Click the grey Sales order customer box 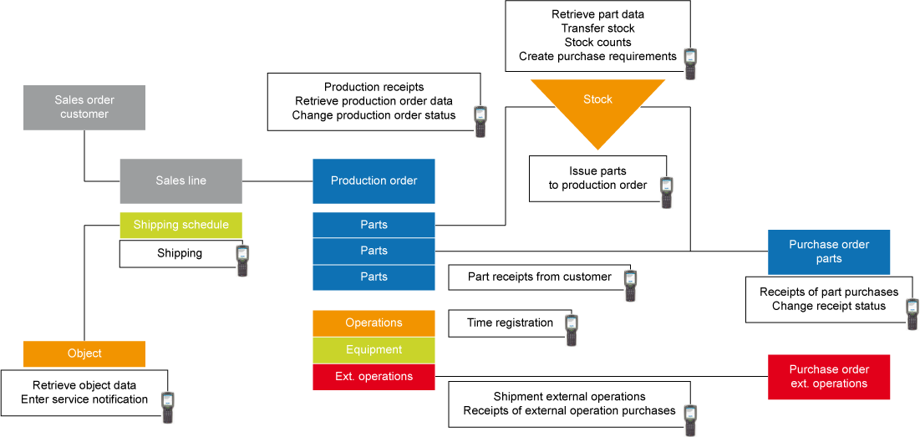coord(84,106)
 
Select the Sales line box coord(180,180)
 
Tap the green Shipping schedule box coord(180,225)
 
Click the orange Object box coord(84,353)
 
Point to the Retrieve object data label coord(84,385)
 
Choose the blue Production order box coord(374,180)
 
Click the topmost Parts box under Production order coord(374,225)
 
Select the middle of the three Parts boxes coord(374,251)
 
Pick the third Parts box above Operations coord(374,277)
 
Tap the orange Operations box coord(374,323)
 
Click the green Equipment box coord(374,350)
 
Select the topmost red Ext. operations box coord(374,376)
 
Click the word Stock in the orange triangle coord(597,99)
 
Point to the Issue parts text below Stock coord(597,171)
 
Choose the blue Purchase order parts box coord(829,252)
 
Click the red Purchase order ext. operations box coord(829,376)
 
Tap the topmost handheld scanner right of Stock coord(690,57)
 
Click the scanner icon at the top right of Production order coord(480,114)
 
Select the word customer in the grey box coord(84,114)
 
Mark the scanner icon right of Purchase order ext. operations coord(912,307)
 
